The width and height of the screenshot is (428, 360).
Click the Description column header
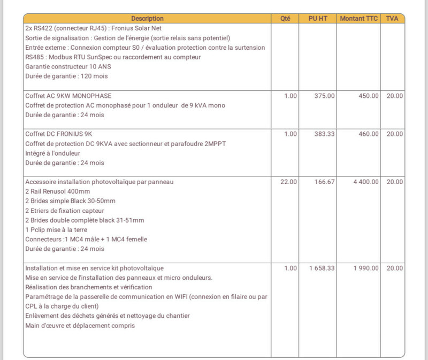tap(147, 18)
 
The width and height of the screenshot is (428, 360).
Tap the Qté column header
tap(285, 18)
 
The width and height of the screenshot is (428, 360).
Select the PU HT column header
tap(318, 18)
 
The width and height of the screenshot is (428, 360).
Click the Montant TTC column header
tap(358, 18)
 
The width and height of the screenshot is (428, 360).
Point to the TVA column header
tap(392, 18)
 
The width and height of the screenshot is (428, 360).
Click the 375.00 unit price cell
tap(325, 96)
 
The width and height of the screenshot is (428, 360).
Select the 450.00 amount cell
tap(368, 96)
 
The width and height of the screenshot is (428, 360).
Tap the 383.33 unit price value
tap(325, 134)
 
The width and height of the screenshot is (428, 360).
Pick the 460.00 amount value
tap(368, 134)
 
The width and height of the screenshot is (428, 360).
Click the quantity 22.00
tap(288, 182)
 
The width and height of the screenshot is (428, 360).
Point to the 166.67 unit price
tap(325, 182)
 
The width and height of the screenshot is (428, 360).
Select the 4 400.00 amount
tap(366, 182)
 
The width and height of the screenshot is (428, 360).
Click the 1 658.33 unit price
tap(322, 267)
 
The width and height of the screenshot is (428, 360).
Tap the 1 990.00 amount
tap(366, 267)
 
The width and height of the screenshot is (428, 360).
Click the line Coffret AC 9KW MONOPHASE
tap(68, 96)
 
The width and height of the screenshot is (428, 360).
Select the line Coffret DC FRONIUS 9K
tap(63, 134)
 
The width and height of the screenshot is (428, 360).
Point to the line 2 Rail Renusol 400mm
tap(58, 192)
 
